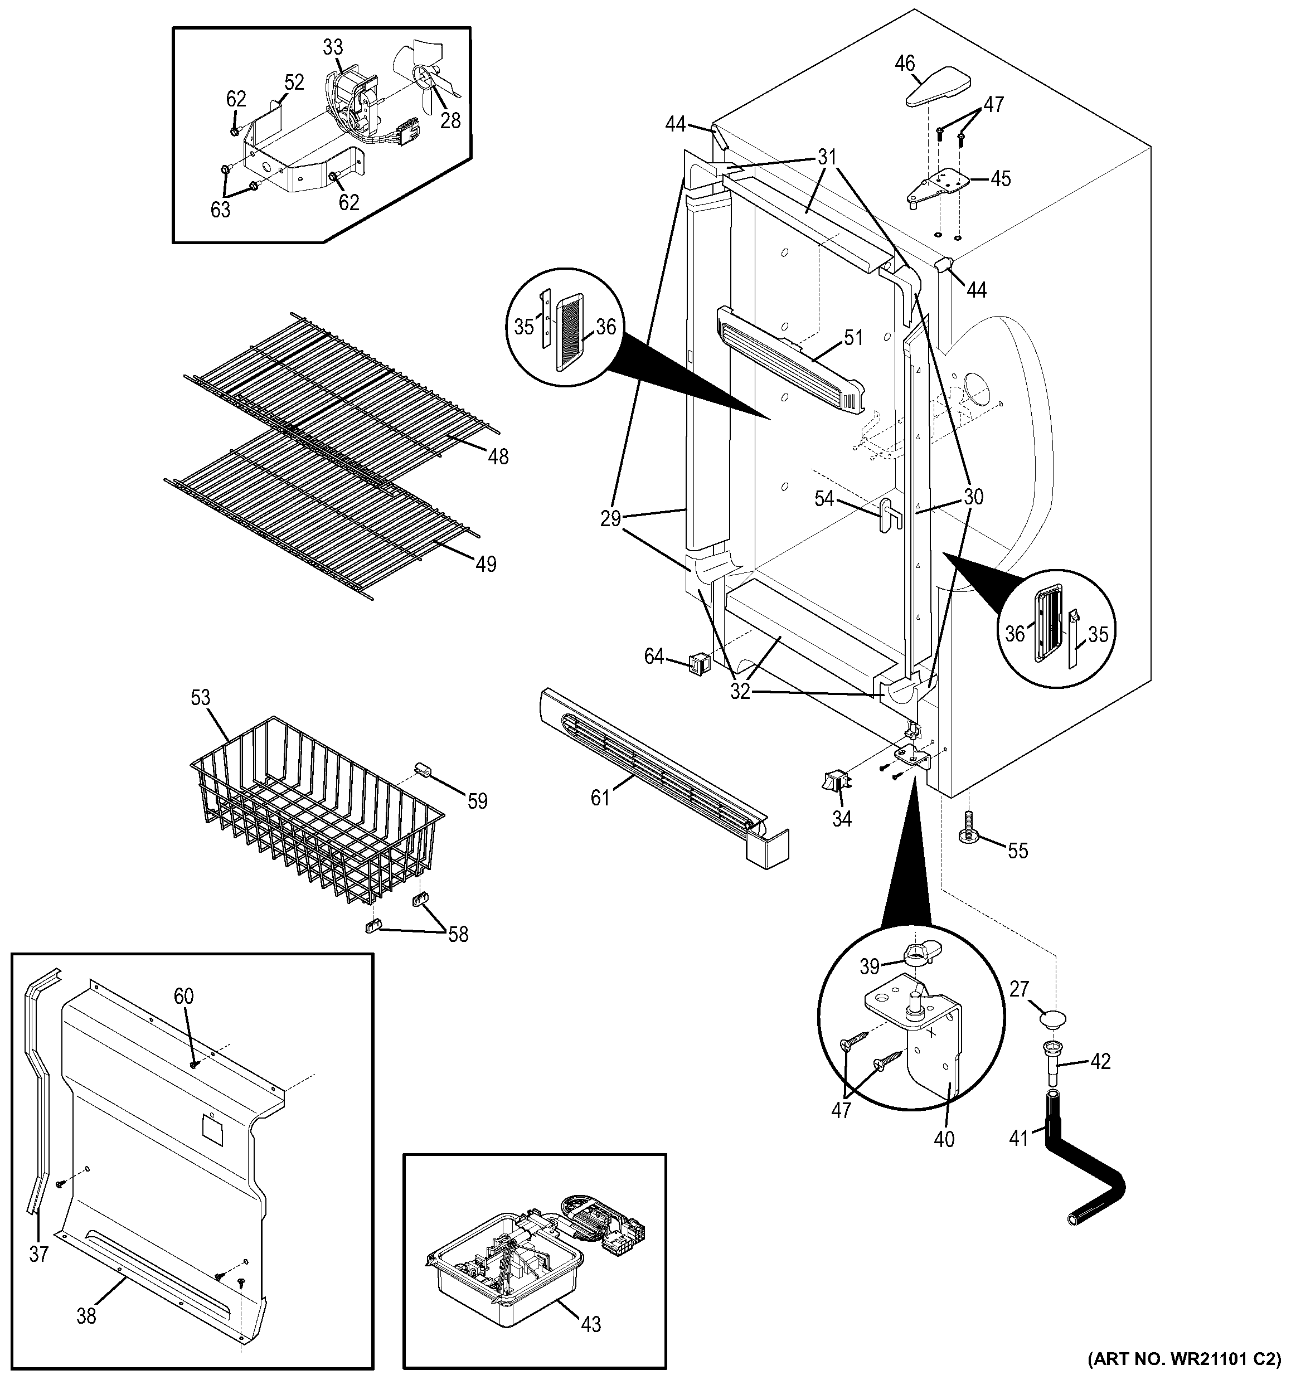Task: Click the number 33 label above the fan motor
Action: [x=333, y=47]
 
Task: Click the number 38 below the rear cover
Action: [x=86, y=1315]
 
